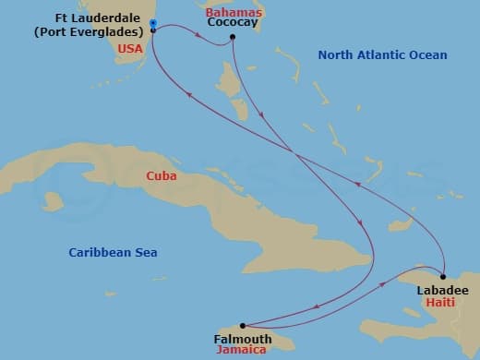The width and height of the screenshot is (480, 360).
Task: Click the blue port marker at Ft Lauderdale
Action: click(x=153, y=23)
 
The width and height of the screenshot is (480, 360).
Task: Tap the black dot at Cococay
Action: click(x=234, y=37)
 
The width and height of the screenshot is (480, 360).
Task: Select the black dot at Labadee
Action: click(x=443, y=277)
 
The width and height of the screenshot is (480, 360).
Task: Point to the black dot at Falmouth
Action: click(x=243, y=325)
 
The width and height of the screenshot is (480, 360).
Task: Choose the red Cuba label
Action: click(x=161, y=175)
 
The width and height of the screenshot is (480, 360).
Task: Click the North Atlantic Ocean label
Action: click(x=382, y=55)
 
